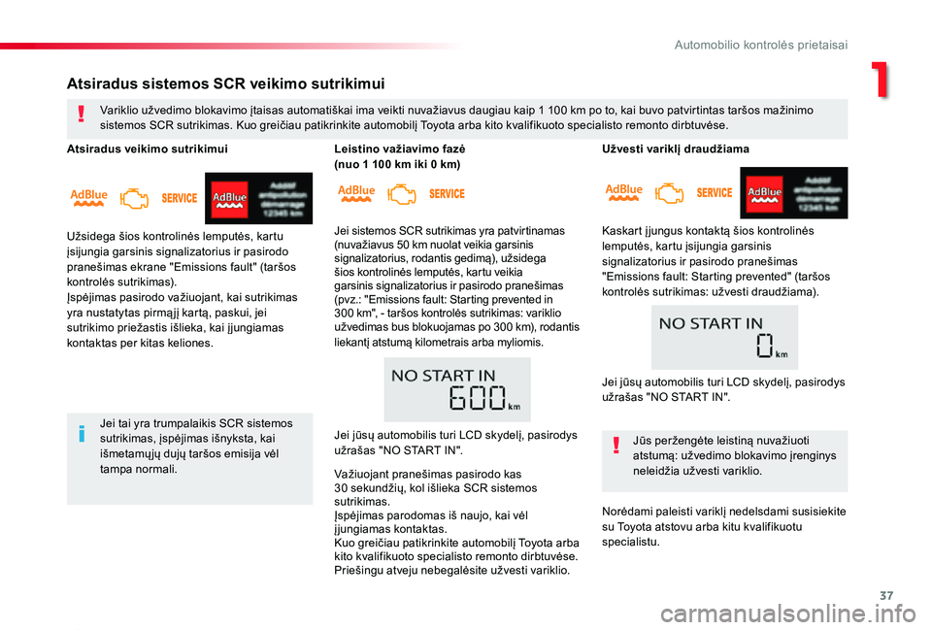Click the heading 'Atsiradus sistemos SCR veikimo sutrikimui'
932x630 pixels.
click(x=226, y=83)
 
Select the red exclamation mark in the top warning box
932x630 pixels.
click(x=83, y=116)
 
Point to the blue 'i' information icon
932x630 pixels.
click(x=83, y=434)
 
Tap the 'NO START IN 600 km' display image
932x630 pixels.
click(x=456, y=389)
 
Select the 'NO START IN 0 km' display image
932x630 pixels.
click(x=724, y=337)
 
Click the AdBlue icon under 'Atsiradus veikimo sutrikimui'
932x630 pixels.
click(x=88, y=198)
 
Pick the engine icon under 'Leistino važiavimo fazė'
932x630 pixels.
click(x=401, y=194)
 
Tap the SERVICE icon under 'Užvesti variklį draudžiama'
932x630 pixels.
click(x=715, y=193)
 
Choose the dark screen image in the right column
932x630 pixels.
click(x=793, y=192)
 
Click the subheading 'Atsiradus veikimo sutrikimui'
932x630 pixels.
click(x=148, y=149)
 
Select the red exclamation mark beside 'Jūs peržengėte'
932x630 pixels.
click(x=617, y=448)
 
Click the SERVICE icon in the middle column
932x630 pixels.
click(x=447, y=194)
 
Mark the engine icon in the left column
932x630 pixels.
click(x=134, y=199)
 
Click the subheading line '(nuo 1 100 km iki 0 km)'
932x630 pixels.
click(x=397, y=164)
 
